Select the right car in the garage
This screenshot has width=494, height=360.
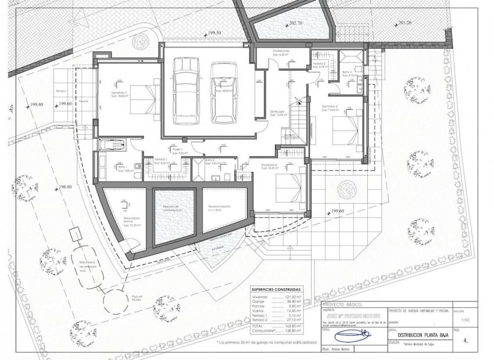[x=223, y=92]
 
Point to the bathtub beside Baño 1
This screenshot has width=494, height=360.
[x=112, y=145]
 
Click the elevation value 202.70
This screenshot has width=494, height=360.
[x=295, y=24]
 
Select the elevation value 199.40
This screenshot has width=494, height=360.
[x=37, y=105]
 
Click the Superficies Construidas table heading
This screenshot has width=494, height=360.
[x=276, y=289]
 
